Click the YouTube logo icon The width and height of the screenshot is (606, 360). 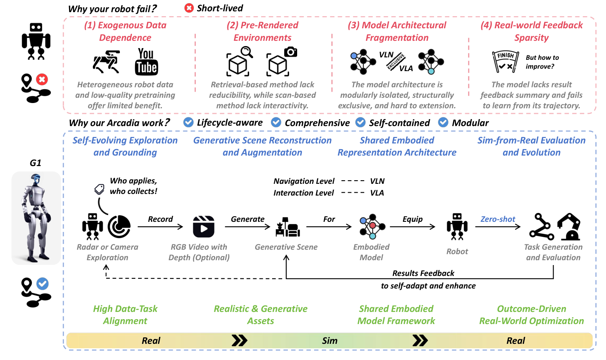pos(146,62)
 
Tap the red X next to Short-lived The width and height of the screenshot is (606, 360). pos(189,8)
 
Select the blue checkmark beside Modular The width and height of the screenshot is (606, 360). pos(443,122)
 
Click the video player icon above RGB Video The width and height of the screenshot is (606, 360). pos(203,227)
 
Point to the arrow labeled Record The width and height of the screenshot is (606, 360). pos(160,227)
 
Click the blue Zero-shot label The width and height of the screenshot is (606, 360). pos(498,219)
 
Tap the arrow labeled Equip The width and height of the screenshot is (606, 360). pos(412,227)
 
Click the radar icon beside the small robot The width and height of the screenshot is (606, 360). pos(119,226)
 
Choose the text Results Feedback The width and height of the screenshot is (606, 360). pos(423,273)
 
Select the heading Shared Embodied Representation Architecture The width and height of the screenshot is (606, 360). pos(397,146)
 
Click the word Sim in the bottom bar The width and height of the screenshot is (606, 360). pos(329,341)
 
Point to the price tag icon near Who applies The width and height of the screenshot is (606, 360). pos(99,189)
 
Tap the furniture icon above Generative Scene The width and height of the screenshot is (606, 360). pos(287,227)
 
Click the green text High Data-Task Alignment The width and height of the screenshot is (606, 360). pos(125,315)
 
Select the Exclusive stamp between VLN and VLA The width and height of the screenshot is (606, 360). pos(396,61)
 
